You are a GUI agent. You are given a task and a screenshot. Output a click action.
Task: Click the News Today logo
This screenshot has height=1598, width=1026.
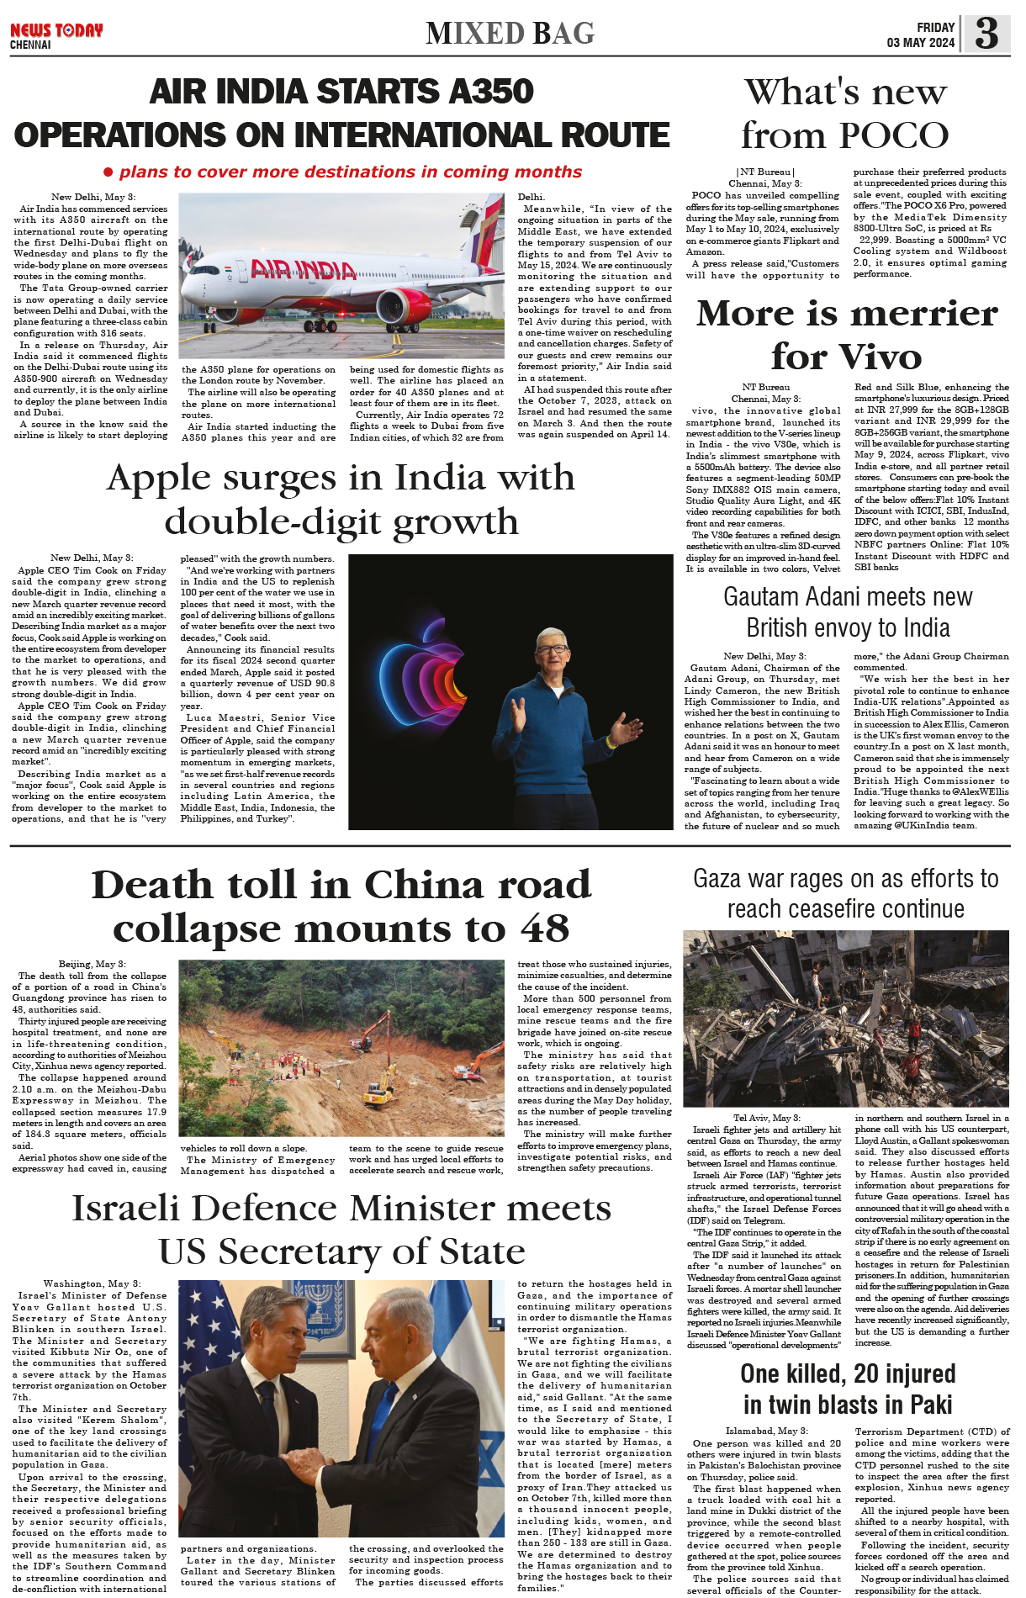[56, 31]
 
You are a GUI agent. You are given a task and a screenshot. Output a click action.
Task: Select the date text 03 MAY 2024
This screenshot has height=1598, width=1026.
[920, 43]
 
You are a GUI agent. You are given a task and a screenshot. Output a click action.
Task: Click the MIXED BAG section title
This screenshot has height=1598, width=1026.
[510, 34]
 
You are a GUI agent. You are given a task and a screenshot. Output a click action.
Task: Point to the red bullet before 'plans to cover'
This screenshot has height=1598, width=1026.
[108, 172]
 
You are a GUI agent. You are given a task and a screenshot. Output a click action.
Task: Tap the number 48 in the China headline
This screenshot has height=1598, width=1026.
[545, 929]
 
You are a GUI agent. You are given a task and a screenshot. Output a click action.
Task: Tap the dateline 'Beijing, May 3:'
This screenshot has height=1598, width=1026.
[92, 964]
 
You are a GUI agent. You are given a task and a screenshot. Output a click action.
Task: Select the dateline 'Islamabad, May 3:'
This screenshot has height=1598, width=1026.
[766, 1431]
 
